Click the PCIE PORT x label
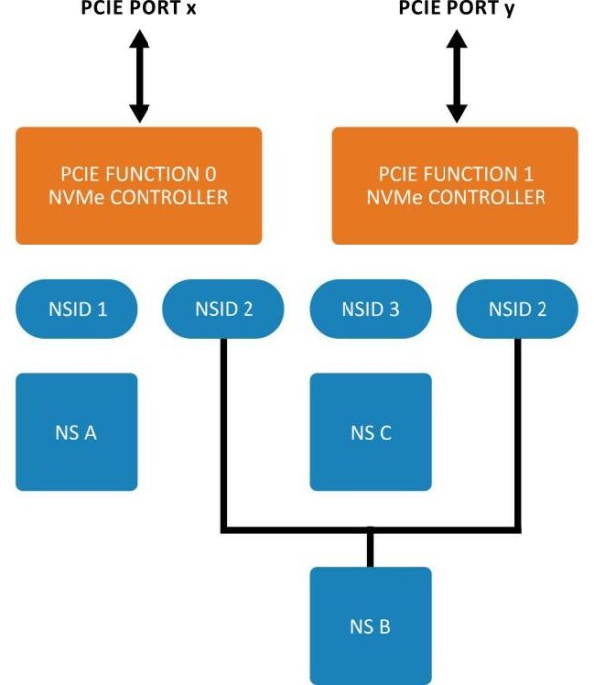pos(139,9)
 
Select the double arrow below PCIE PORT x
pos(139,74)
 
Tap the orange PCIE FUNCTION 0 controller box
pos(139,185)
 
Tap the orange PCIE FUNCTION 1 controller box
pos(454,185)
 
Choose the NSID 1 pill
pos(76,309)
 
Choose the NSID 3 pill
pos(370,309)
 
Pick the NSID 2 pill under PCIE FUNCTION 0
pos(223,309)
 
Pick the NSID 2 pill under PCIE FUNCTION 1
pos(517,309)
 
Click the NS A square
pos(76,432)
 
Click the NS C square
pos(370,432)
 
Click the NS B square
pos(370,626)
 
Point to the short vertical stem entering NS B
pos(370,548)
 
